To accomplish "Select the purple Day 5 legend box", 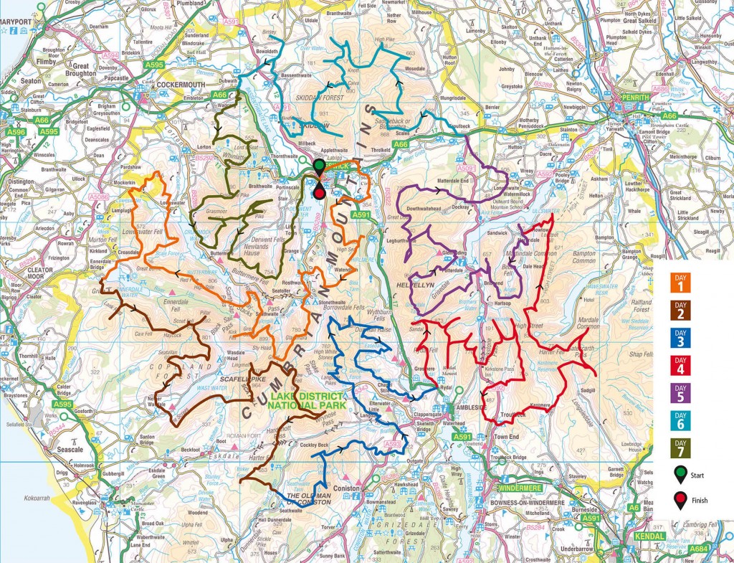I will (682, 392).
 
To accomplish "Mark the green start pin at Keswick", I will (319, 168).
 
